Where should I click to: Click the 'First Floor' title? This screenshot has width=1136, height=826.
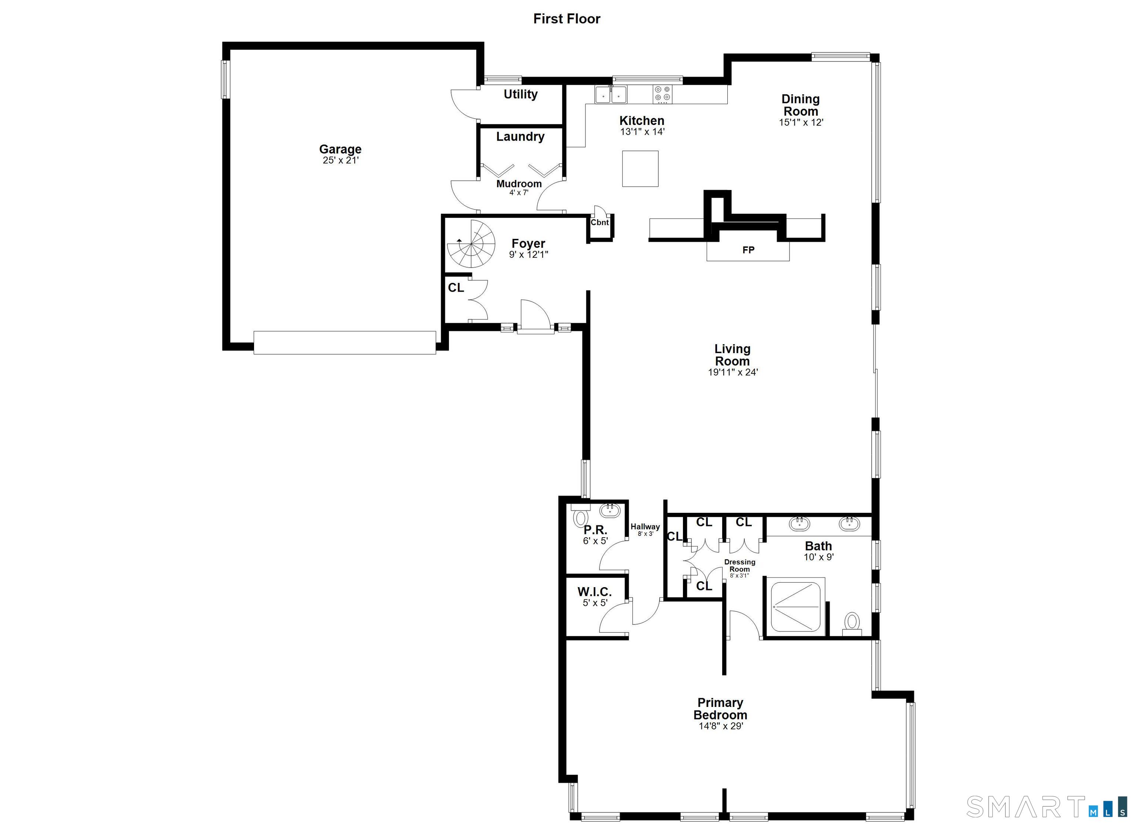pos(567,19)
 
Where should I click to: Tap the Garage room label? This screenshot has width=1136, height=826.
pos(340,149)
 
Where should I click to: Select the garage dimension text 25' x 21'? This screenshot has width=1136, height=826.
pos(341,160)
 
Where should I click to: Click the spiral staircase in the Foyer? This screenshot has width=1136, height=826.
pos(471,244)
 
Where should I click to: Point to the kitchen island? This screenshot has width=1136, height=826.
pos(640,169)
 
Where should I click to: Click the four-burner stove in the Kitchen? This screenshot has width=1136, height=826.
pos(663,94)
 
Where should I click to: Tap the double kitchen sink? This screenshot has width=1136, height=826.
pos(611,94)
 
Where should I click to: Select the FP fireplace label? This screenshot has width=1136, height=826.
pos(748,250)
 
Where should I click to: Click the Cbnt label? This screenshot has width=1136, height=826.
pos(599,223)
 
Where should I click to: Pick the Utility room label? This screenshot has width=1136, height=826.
pos(520,94)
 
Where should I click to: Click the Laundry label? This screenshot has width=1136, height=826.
pos(520,137)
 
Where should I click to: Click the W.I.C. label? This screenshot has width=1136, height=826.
pos(595,592)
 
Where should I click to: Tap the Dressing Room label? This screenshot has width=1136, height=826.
pos(740,566)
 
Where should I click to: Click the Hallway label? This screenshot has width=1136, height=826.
pos(645,527)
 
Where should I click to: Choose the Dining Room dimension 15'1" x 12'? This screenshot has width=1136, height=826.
pos(801,122)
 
